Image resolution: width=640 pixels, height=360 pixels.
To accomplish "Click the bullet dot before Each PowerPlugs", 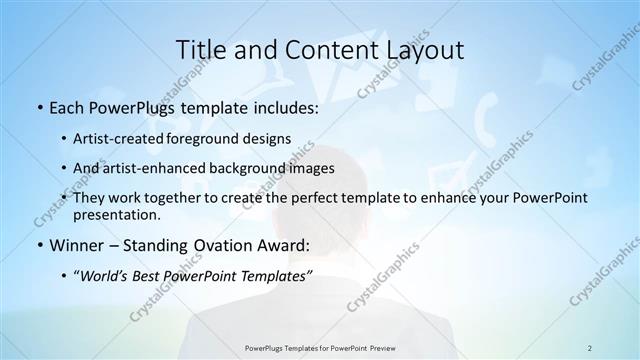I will pyautogui.click(x=39, y=108).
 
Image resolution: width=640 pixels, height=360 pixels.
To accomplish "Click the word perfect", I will pyautogui.click(x=325, y=198).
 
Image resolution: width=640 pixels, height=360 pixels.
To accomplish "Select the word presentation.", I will pyautogui.click(x=116, y=214).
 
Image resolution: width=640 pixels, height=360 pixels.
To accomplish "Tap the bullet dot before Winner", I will pyautogui.click(x=39, y=245).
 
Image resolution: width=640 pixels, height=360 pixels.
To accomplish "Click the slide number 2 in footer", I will pyautogui.click(x=590, y=348).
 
